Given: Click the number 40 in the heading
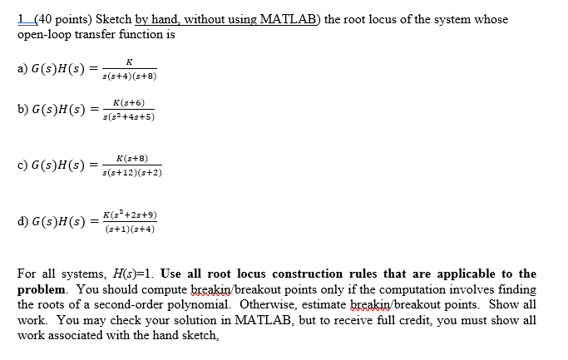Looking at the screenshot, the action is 37,19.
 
